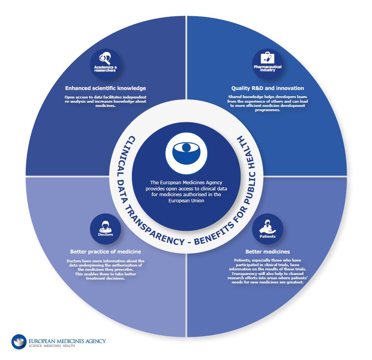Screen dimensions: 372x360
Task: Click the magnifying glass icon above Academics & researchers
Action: click(x=105, y=58)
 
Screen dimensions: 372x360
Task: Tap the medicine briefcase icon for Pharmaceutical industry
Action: click(x=267, y=58)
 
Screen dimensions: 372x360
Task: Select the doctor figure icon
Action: click(x=105, y=227)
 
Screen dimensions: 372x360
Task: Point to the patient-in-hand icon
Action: click(x=267, y=227)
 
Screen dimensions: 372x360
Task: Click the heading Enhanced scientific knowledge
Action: click(x=105, y=88)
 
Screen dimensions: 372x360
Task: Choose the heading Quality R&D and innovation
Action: click(x=268, y=88)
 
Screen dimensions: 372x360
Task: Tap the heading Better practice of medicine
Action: click(x=105, y=252)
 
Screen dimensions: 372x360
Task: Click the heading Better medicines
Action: click(x=268, y=252)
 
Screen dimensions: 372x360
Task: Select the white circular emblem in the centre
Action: click(x=186, y=153)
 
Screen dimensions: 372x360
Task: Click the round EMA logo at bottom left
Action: click(x=19, y=342)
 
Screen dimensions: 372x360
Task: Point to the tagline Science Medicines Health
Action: click(x=52, y=346)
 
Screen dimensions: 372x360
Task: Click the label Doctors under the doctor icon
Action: click(x=105, y=235)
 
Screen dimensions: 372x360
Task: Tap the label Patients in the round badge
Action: click(x=268, y=237)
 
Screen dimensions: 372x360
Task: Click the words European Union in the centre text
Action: click(x=186, y=201)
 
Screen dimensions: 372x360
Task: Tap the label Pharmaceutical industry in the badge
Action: click(x=268, y=68)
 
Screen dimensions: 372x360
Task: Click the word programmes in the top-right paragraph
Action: click(x=268, y=110)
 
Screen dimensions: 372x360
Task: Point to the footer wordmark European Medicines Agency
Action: click(x=67, y=341)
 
